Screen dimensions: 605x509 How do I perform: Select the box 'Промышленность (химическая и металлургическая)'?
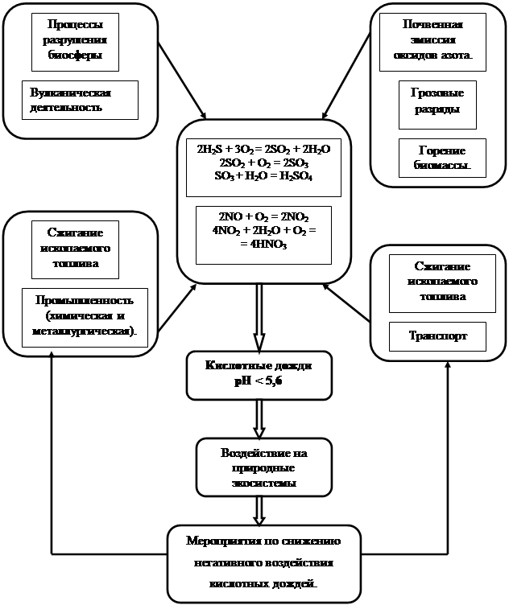pos(85,317)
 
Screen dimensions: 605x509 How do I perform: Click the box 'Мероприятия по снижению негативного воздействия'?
pos(263,563)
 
